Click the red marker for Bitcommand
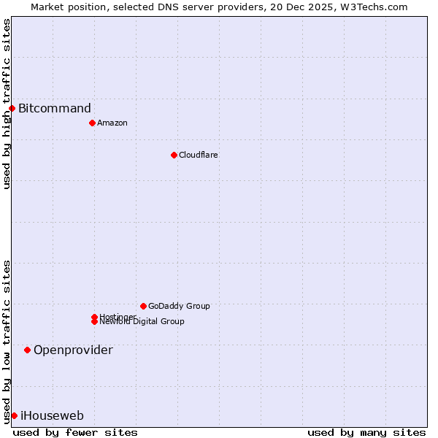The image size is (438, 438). [x=12, y=108]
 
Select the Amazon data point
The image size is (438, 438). [x=92, y=123]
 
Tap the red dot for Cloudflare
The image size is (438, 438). [x=174, y=155]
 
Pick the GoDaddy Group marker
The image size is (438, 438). [x=143, y=306]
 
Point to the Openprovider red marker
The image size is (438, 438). [x=28, y=350]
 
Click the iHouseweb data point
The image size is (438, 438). [x=14, y=415]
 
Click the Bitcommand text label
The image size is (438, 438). [x=55, y=109]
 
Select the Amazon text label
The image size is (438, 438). [x=112, y=123]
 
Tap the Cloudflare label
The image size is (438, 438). [x=199, y=155]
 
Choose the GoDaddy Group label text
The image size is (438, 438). [x=179, y=306]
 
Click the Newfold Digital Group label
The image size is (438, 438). [x=142, y=322]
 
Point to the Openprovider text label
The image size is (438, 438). [x=73, y=350]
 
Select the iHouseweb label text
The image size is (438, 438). [x=52, y=416]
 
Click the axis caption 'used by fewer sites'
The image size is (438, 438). [x=75, y=433]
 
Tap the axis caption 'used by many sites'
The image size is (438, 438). [x=366, y=433]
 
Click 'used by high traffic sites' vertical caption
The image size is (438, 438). [x=7, y=104]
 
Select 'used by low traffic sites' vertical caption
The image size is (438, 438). [x=7, y=342]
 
